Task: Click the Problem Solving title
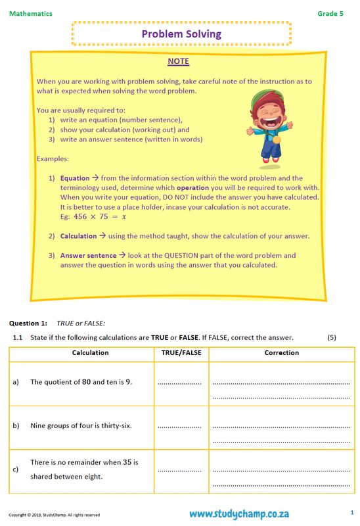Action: [181, 34]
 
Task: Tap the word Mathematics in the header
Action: [31, 13]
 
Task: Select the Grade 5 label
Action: [330, 13]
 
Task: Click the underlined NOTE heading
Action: [178, 62]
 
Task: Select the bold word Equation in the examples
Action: [74, 178]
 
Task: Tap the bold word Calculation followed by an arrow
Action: [78, 236]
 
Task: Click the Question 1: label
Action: [28, 323]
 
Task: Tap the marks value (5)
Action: [332, 337]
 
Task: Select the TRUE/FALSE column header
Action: [181, 353]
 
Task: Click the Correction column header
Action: [281, 353]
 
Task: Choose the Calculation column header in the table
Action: [90, 353]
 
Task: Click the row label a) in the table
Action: [16, 382]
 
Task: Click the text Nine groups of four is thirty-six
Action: [81, 425]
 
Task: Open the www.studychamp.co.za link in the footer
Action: [240, 514]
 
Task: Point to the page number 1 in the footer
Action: [351, 512]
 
